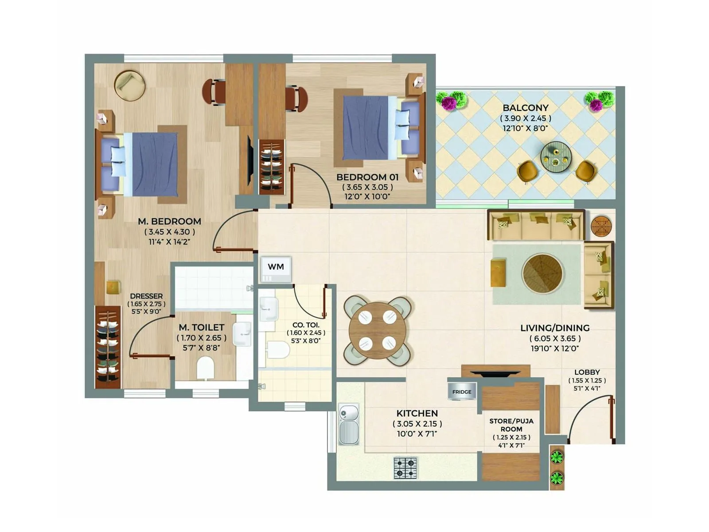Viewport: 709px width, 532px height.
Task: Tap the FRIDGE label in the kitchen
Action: pos(462,392)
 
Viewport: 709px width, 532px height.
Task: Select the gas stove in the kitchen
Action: pos(405,468)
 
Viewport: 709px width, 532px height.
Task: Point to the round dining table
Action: pos(377,331)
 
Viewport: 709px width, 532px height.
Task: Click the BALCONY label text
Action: pos(526,108)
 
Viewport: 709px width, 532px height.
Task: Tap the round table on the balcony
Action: pos(556,157)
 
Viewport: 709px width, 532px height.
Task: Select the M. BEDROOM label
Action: pos(169,221)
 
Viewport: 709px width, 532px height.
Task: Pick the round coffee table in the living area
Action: pos(542,274)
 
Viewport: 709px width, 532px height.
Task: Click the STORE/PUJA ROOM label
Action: pos(511,425)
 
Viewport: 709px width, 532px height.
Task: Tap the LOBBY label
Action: pos(587,372)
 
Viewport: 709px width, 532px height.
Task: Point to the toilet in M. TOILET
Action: pos(205,368)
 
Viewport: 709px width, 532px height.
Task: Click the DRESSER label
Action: pos(146,296)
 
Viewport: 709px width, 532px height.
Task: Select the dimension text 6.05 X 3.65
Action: pos(555,338)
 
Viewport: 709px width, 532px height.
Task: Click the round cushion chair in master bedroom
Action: pos(129,85)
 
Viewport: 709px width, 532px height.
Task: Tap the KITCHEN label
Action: pos(417,413)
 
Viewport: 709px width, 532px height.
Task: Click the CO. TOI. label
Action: pos(306,325)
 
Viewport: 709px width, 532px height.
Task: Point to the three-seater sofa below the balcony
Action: pos(535,225)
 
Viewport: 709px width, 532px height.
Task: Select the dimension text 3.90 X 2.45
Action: pos(526,118)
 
